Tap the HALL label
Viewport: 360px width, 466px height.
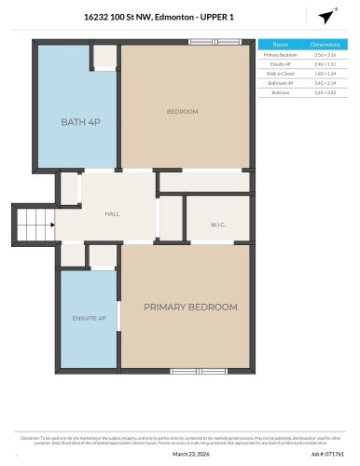tap(112, 214)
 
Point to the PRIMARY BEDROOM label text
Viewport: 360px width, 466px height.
tap(189, 307)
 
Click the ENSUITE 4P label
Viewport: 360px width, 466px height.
tap(89, 319)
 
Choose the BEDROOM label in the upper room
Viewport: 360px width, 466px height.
tap(182, 112)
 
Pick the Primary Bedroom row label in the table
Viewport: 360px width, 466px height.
tap(281, 55)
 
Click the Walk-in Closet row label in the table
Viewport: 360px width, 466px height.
tap(281, 74)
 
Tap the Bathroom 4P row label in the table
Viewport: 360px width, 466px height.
tap(281, 83)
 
